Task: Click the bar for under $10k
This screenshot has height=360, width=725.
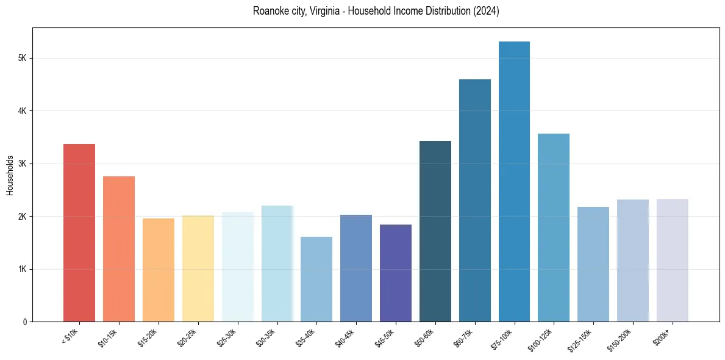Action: pyautogui.click(x=79, y=232)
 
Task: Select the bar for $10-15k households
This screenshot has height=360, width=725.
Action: pyautogui.click(x=119, y=249)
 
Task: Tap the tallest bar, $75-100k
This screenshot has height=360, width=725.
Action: pyautogui.click(x=514, y=181)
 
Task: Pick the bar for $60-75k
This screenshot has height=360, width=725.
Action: pyautogui.click(x=474, y=200)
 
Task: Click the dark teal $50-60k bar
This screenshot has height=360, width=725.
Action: pyautogui.click(x=435, y=231)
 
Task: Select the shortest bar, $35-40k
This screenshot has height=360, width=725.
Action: pyautogui.click(x=316, y=279)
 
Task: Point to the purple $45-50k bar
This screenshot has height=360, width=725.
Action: pyautogui.click(x=396, y=273)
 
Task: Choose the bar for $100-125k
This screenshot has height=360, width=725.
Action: pyautogui.click(x=554, y=228)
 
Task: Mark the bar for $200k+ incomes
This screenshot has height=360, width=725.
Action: pyautogui.click(x=672, y=260)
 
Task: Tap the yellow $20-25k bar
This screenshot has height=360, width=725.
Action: pyautogui.click(x=198, y=268)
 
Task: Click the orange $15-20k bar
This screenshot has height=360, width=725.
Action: pyautogui.click(x=159, y=270)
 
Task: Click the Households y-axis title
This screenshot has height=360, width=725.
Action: pyautogui.click(x=10, y=175)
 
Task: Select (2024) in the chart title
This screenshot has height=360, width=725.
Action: pyautogui.click(x=487, y=11)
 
